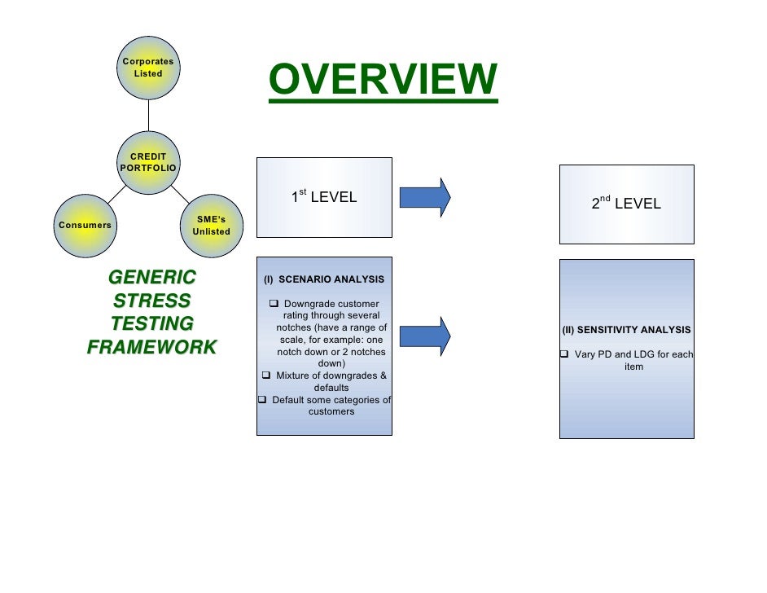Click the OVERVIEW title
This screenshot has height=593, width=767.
pos(382,80)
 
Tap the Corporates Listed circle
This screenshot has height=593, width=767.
pos(148,68)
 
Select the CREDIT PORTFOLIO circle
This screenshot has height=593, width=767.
pos(148,162)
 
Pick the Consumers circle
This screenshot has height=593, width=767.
pos(85,225)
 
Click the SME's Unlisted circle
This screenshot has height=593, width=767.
pos(211,226)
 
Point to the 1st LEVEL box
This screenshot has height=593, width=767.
pos(324,197)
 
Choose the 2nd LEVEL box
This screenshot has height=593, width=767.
pos(626,204)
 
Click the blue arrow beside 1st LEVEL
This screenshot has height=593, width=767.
pos(424,197)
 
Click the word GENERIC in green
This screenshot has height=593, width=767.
pos(152,278)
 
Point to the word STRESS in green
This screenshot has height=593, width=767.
pos(152,301)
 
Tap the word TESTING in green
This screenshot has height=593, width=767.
pos(152,323)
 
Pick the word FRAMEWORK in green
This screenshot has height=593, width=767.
pos(152,347)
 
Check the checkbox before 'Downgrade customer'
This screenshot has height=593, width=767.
pos(274,304)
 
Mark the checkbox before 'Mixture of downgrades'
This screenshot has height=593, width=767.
pos(266,376)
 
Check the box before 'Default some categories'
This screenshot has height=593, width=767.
pos(262,400)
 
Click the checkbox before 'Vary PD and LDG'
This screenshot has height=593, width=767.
pos(565,354)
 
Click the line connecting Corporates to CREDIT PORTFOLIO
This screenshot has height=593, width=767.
pos(148,115)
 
